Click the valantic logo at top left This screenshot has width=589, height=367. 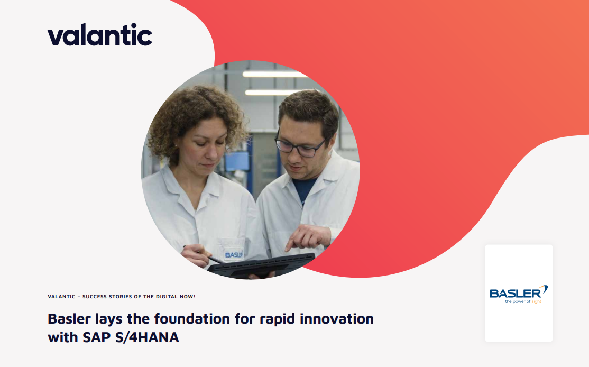[100, 34]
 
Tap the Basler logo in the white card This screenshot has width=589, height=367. [519, 294]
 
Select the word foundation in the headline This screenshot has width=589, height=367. [192, 318]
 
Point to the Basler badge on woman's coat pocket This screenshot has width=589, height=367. [233, 255]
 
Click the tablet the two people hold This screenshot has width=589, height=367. [261, 265]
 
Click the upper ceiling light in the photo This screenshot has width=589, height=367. [275, 74]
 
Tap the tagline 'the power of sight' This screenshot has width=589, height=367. [523, 301]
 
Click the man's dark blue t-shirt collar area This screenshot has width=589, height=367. [304, 188]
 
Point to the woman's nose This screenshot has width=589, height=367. [211, 152]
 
